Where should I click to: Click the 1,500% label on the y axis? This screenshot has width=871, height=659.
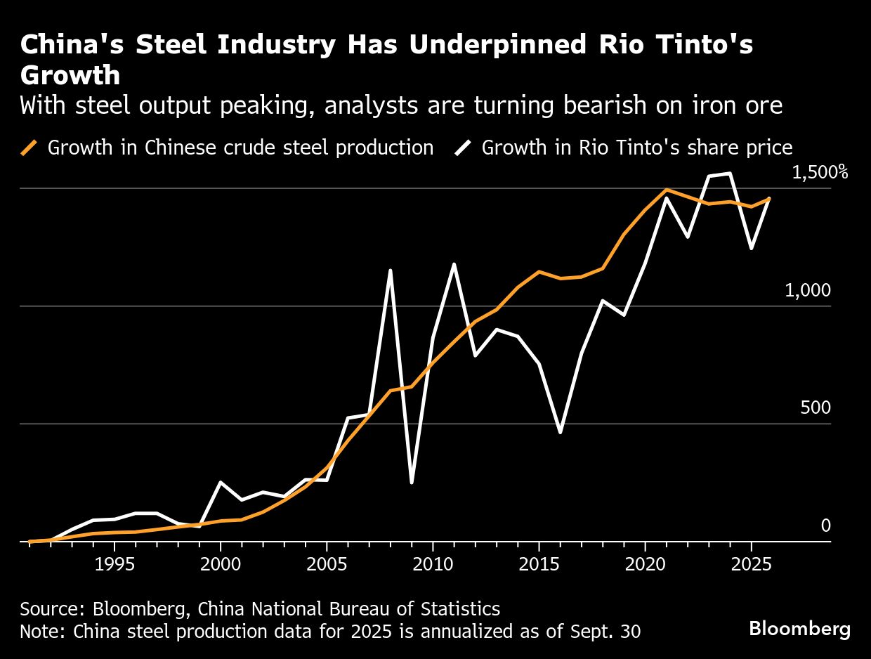(x=820, y=173)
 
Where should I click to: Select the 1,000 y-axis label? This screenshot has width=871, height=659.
(x=808, y=290)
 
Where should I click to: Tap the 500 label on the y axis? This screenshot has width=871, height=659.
(x=815, y=408)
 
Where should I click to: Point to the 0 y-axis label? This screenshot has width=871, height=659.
(x=825, y=526)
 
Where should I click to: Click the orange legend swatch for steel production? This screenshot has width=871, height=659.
(x=29, y=148)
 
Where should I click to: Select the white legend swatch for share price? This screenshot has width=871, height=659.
(x=464, y=148)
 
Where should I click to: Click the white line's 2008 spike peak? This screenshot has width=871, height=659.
(x=390, y=270)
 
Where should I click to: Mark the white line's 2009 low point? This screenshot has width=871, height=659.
(x=412, y=483)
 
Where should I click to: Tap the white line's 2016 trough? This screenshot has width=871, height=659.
(x=560, y=432)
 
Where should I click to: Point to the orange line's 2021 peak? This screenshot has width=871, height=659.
(x=666, y=189)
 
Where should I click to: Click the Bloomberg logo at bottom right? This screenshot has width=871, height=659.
(x=799, y=628)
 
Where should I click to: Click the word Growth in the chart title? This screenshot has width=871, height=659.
(x=70, y=74)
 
